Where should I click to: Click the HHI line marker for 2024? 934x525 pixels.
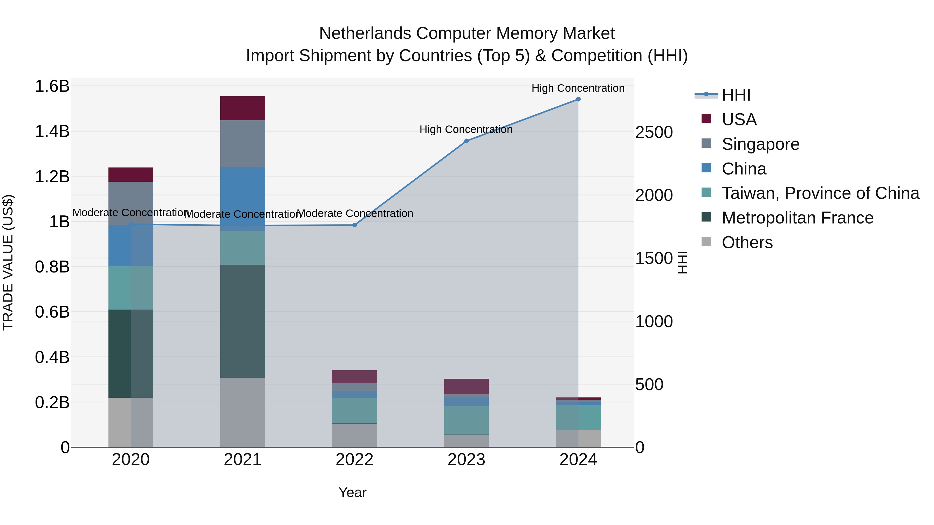(x=578, y=99)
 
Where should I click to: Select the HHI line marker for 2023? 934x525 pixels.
(x=466, y=141)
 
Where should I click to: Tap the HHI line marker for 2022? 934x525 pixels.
(x=355, y=225)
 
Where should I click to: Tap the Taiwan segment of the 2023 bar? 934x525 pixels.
(x=466, y=420)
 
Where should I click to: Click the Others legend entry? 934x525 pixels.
(x=747, y=242)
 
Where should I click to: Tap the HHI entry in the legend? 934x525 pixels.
(x=736, y=95)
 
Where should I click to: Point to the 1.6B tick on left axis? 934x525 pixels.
(x=52, y=86)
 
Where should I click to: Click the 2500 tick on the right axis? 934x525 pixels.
(x=654, y=132)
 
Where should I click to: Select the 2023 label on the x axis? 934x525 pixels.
(x=466, y=460)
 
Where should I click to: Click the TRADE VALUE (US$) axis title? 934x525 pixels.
(x=8, y=262)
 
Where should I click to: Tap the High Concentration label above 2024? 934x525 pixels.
(x=578, y=88)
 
